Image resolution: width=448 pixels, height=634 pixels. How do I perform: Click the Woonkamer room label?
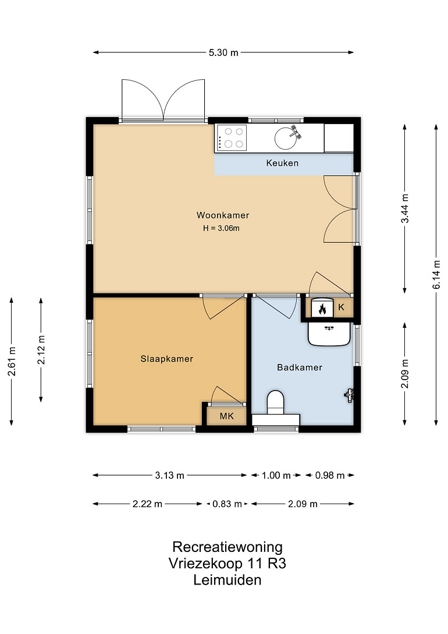point(223,215)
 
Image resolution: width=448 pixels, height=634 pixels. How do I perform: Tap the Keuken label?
point(282,163)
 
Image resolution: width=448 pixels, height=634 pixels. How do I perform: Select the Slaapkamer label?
point(166,359)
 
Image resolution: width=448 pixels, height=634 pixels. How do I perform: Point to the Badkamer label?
point(299,367)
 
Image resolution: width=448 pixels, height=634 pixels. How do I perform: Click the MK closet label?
point(227,416)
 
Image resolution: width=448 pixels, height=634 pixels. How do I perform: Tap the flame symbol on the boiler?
point(322,309)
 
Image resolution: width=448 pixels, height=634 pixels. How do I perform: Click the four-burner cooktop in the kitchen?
point(232,138)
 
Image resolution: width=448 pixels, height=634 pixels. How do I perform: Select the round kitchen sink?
point(286,139)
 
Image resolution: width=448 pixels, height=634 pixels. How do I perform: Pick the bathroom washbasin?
point(329,334)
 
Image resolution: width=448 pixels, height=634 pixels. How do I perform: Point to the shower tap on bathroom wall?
point(349,394)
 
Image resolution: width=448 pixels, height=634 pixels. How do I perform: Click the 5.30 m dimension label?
point(223,52)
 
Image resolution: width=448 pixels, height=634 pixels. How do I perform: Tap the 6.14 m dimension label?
point(436,275)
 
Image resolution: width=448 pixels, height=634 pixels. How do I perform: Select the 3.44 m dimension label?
point(405,208)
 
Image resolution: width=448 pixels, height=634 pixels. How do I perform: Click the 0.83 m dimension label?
point(227,504)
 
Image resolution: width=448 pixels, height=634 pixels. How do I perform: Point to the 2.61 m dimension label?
point(12,362)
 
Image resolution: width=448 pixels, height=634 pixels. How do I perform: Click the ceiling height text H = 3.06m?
point(221,228)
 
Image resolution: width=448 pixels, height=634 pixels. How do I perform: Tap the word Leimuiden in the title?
point(227,580)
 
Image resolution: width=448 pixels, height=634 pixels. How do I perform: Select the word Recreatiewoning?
point(227,547)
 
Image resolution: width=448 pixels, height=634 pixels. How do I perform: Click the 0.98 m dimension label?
point(330,476)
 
